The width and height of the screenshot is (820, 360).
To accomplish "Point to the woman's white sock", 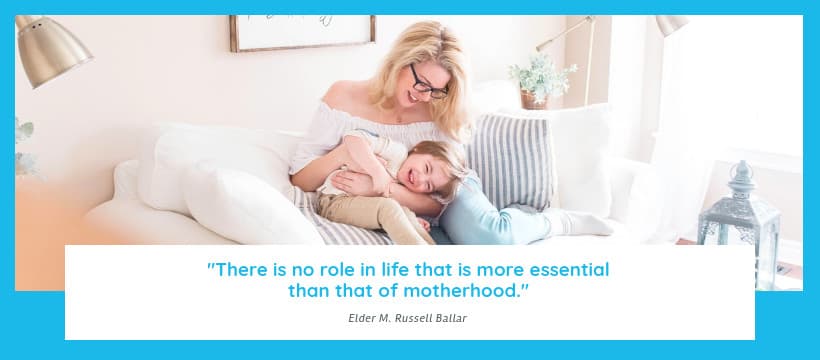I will coord(584,222).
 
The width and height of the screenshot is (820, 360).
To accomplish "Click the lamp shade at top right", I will coord(671,24).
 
